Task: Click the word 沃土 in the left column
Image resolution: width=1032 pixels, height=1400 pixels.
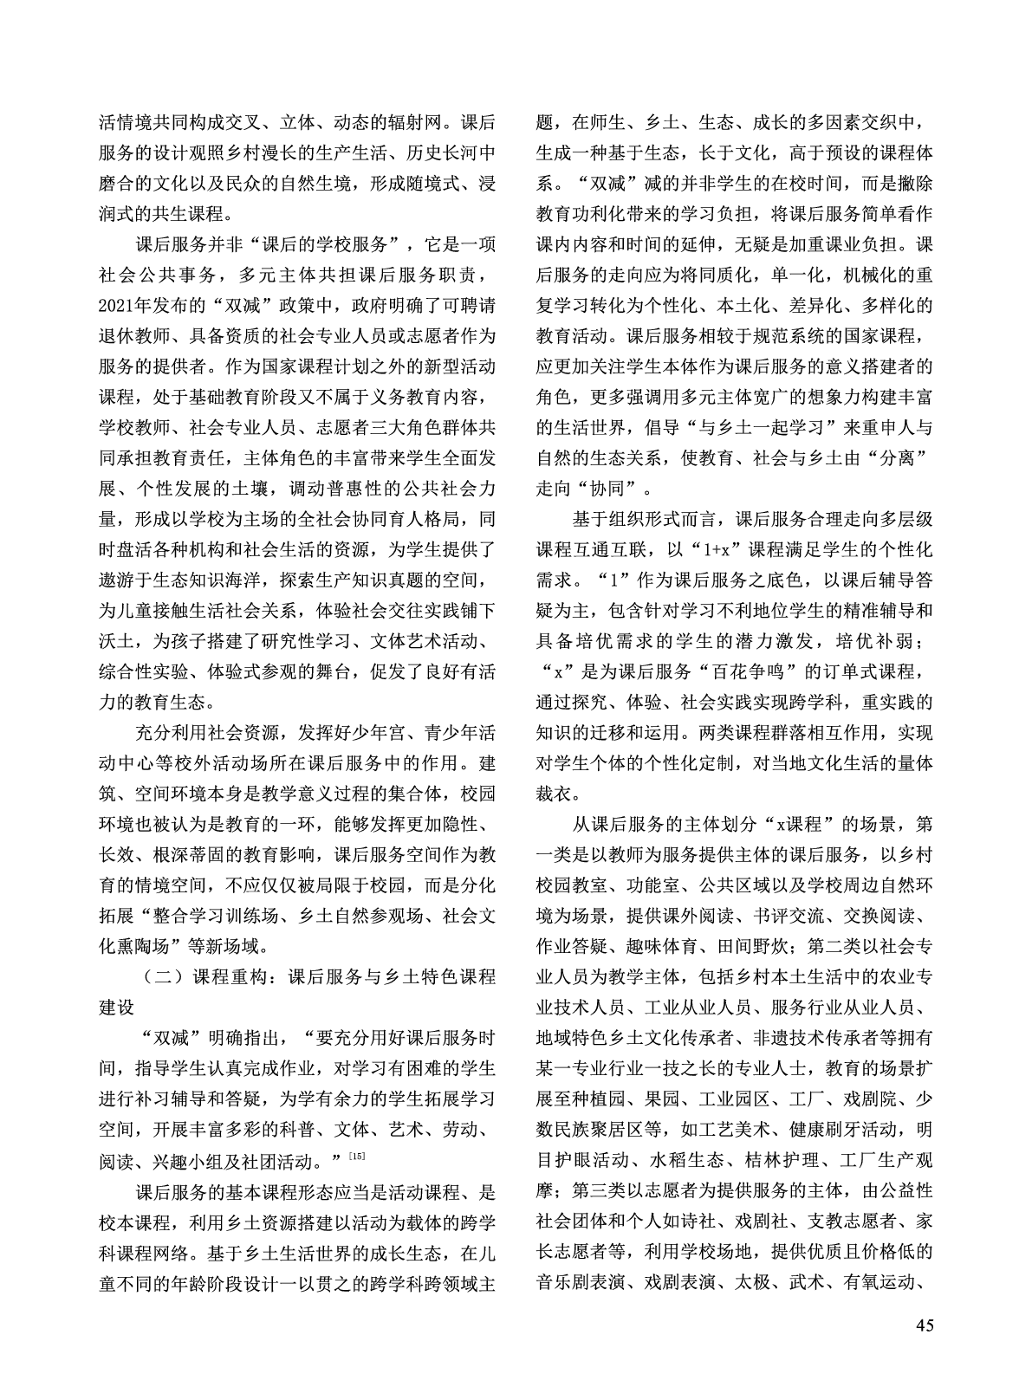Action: point(118,642)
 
